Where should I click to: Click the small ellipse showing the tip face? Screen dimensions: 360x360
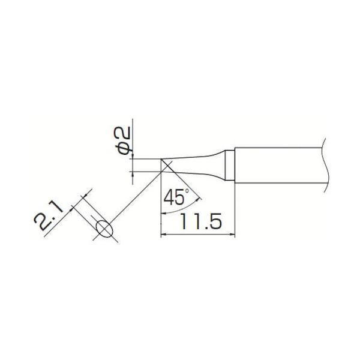pos(104,229)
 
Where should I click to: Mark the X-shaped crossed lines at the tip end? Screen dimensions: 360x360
pos(166,166)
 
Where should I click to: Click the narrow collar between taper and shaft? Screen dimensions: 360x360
pos(230,164)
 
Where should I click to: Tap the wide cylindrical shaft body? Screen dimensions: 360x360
pos(276,164)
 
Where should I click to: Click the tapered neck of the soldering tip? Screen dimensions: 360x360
pos(198,165)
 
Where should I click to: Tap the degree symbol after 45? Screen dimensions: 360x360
pos(187,191)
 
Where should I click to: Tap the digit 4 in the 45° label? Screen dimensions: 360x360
pos(170,197)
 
